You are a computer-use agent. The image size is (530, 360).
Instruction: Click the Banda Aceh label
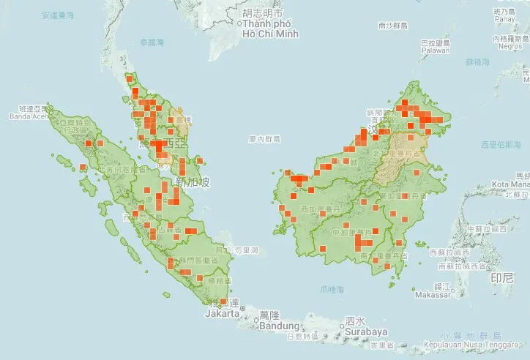pyautogui.click(x=29, y=116)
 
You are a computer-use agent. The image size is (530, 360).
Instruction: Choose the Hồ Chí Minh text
pyautogui.click(x=268, y=34)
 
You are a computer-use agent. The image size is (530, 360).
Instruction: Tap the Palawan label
pyautogui.click(x=434, y=50)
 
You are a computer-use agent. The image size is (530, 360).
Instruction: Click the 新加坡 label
pyautogui.click(x=193, y=182)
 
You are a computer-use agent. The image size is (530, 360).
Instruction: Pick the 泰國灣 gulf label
pyautogui.click(x=152, y=42)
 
